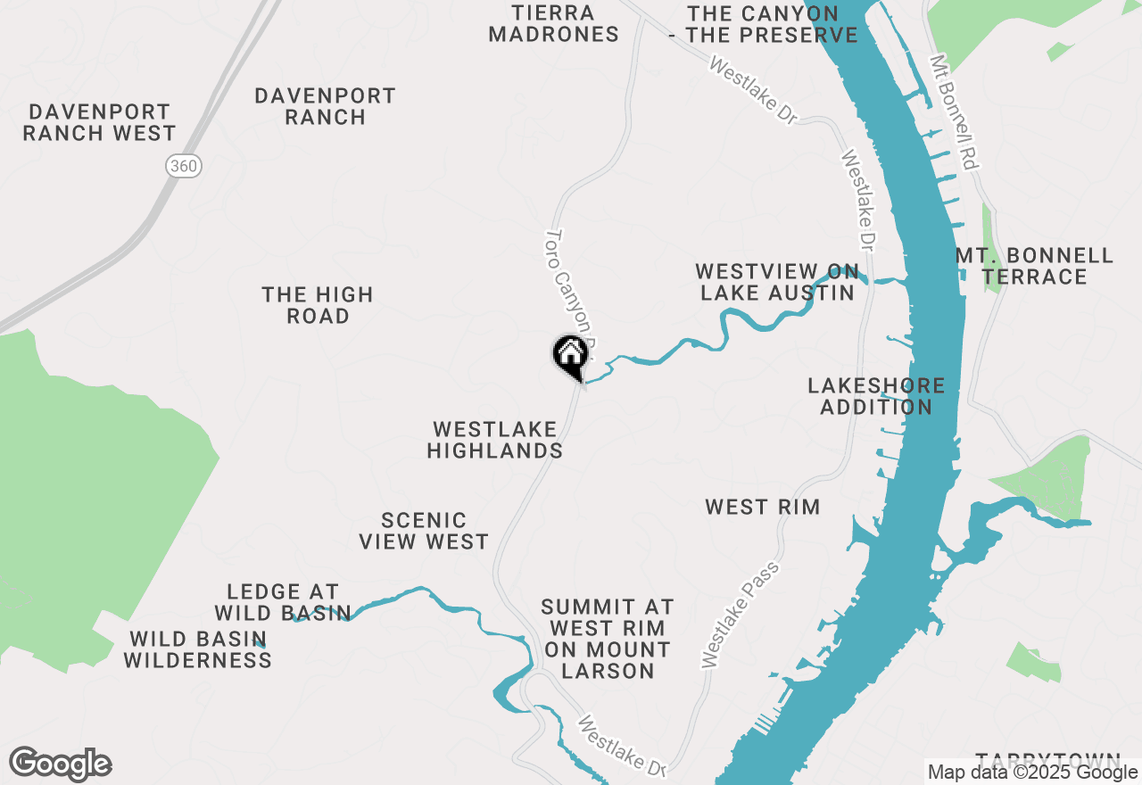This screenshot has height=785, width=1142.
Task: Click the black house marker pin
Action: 571,355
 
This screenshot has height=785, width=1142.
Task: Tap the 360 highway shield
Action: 184,165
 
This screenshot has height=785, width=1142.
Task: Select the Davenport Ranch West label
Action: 99,122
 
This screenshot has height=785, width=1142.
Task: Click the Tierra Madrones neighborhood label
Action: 553,23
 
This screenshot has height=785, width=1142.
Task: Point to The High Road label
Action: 318,305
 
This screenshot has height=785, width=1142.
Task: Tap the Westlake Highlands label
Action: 495,440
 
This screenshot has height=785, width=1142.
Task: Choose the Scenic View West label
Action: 424,531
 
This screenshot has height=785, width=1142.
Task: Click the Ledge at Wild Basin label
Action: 283,602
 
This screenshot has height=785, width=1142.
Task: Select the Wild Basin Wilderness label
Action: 197,649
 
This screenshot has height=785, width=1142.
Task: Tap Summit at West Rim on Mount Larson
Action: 608,639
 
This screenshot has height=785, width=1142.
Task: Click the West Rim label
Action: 762,508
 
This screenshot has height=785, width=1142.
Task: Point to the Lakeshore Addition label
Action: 876,396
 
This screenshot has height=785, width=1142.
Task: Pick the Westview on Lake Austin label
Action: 777,282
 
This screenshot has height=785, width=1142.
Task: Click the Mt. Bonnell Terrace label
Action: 1035,266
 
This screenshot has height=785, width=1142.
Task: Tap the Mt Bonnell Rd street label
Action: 955,113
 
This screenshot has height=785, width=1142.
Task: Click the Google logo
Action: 61,764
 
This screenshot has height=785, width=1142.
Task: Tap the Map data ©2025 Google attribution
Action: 1030,773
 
